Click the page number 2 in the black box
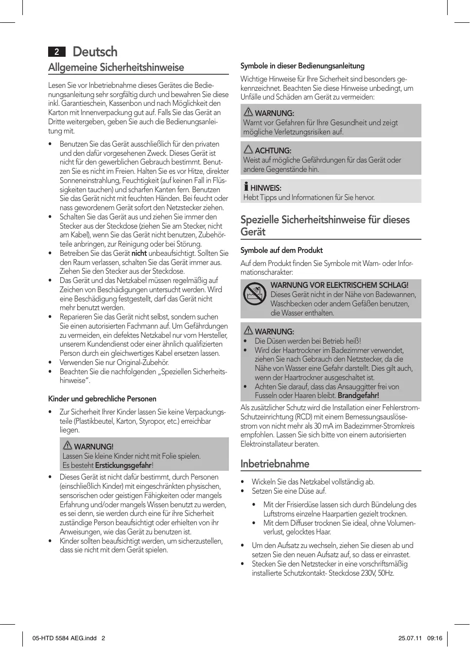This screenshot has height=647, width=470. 57,52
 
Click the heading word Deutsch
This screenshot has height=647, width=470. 95,52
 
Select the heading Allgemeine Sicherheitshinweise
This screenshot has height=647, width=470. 116,67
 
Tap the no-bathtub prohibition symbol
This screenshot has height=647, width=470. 255,294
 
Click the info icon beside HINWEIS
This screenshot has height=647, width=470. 246,187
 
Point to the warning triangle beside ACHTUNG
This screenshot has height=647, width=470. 248,149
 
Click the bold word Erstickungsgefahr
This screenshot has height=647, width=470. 123,465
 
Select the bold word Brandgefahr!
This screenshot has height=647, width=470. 358,396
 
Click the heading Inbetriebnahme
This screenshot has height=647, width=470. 275,464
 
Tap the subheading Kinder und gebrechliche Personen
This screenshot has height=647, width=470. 102,399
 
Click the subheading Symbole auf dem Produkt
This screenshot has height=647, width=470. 281,250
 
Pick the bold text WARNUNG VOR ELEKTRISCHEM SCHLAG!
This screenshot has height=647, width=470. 339,285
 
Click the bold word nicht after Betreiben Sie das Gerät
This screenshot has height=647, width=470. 139,253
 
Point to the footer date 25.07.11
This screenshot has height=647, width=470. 410,638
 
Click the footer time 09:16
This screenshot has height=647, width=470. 435,638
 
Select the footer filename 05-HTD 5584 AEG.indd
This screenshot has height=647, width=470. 65,638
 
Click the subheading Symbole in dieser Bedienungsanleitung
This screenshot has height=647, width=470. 302,66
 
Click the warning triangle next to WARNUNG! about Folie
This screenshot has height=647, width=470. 68,446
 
